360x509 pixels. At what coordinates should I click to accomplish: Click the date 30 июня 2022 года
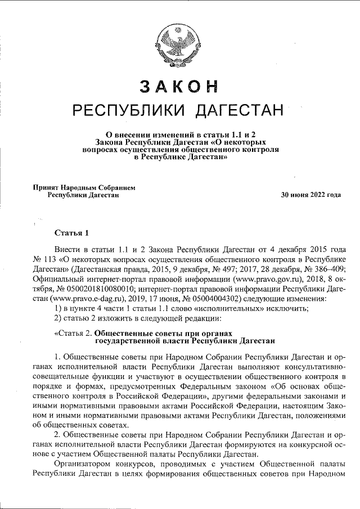[x=312, y=195]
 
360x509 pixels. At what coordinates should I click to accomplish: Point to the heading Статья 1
[x=71, y=232]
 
